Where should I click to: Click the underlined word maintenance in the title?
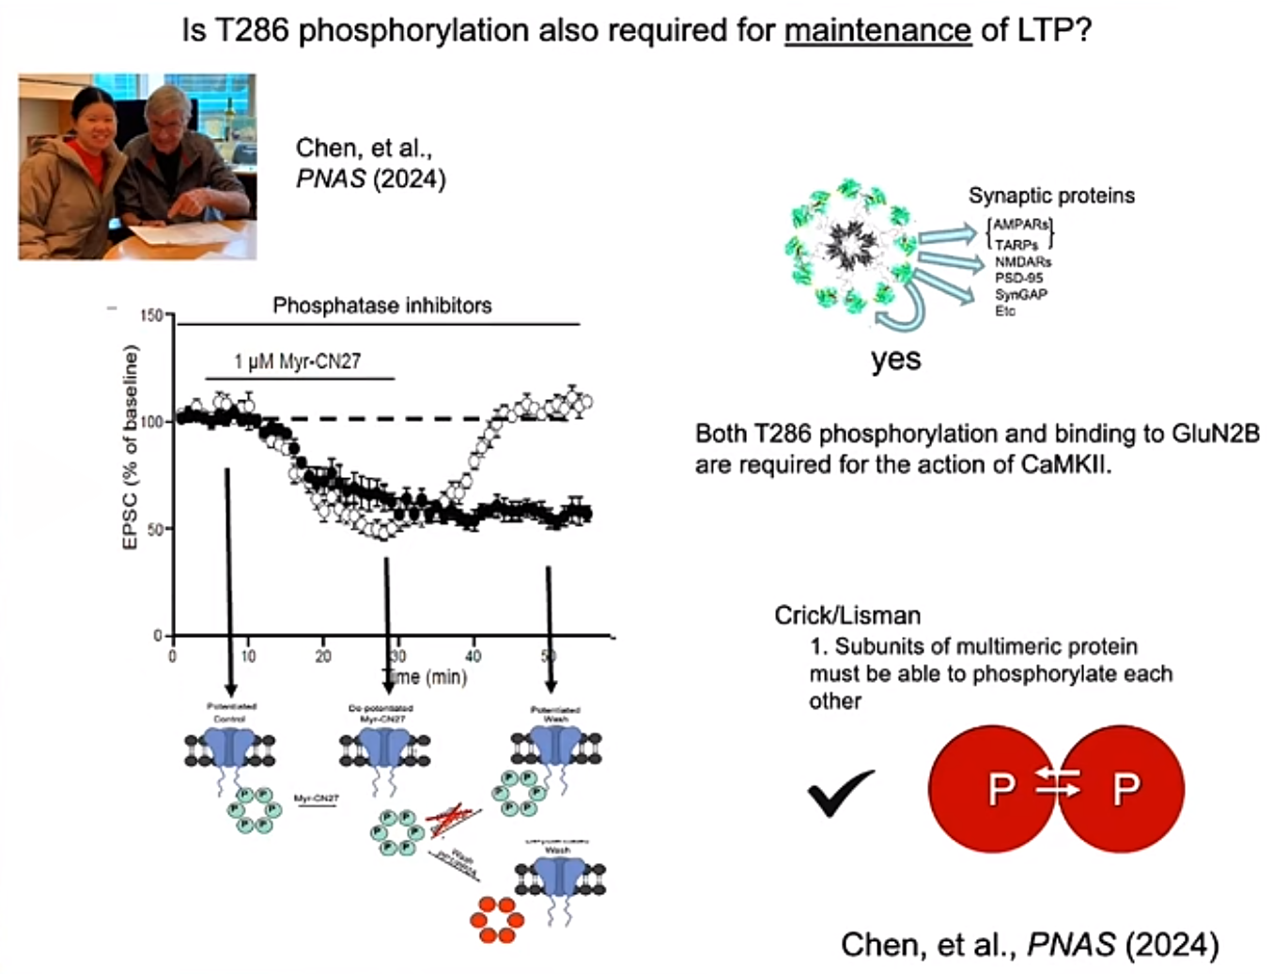[x=877, y=30]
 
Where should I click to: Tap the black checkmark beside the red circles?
[x=841, y=792]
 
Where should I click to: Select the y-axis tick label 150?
[x=151, y=315]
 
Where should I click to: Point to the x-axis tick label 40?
[x=473, y=656]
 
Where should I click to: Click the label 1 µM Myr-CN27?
[x=297, y=362]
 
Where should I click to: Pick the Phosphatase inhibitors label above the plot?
[x=381, y=305]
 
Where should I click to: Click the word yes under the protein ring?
[x=895, y=360]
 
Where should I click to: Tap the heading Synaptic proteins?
[x=1051, y=195]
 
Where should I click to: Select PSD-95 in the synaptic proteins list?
[x=1018, y=278]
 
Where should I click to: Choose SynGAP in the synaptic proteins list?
[x=1021, y=294]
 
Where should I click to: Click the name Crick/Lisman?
[x=846, y=615]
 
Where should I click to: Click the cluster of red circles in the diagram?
[x=496, y=919]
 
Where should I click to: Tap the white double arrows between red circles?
[x=1058, y=782]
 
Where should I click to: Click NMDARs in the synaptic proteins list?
[x=1023, y=262]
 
